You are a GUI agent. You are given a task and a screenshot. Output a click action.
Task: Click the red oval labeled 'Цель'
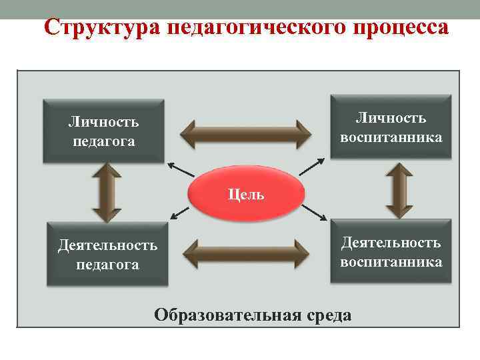click(x=245, y=194)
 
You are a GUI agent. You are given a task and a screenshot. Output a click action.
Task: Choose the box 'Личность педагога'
click(x=103, y=131)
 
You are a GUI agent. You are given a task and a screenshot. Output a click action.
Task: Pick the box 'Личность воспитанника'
click(x=391, y=127)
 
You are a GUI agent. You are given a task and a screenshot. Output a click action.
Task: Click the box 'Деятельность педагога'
click(x=107, y=255)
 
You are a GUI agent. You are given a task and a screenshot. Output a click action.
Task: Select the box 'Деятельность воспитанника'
click(x=391, y=251)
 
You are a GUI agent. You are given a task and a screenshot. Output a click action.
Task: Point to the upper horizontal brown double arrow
click(x=247, y=133)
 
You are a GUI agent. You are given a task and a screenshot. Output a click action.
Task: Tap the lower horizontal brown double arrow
click(x=247, y=253)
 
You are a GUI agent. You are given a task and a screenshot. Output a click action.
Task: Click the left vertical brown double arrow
click(x=107, y=193)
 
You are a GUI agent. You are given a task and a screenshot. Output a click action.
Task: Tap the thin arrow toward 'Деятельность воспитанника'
click(x=313, y=213)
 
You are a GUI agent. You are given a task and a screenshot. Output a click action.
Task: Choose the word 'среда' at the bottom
click(x=328, y=315)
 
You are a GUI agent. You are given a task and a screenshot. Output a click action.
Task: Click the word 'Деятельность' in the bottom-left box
click(x=107, y=245)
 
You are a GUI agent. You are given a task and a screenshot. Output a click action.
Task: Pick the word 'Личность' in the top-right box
click(x=391, y=118)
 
